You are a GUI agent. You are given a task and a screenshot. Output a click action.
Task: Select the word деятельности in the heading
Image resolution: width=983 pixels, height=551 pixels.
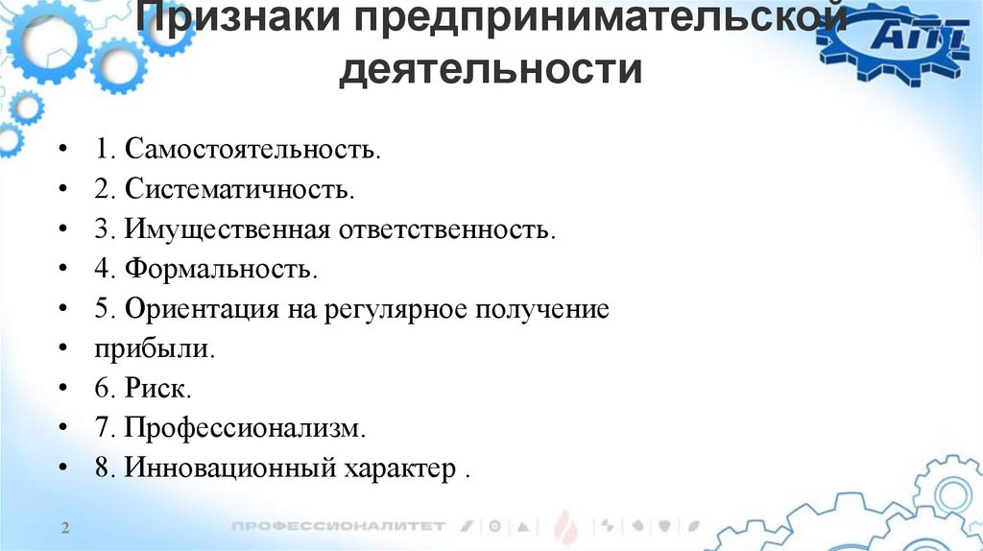491,71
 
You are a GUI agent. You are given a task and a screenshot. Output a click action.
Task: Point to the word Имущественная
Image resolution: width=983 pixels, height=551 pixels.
227,230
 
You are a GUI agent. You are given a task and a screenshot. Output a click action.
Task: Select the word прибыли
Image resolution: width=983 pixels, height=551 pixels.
155,350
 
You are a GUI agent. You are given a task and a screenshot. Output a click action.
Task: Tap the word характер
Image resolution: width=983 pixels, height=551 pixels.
401,470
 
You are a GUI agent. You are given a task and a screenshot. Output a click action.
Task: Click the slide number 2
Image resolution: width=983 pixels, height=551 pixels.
65,529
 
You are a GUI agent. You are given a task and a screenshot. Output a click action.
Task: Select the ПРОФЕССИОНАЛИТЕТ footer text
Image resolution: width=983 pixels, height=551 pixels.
339,526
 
